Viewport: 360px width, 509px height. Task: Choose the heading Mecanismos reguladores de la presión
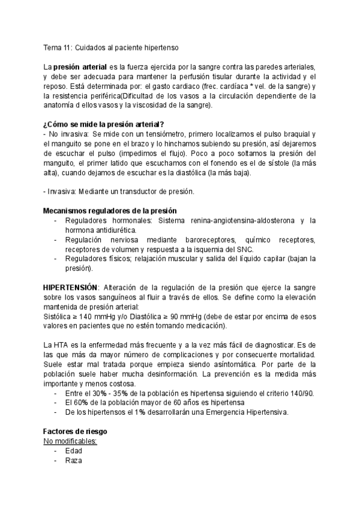[x=109, y=211]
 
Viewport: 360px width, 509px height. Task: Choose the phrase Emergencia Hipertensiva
[x=251, y=412]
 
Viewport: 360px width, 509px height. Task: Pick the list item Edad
[x=74, y=451]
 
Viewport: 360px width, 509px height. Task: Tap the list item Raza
[x=74, y=460]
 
